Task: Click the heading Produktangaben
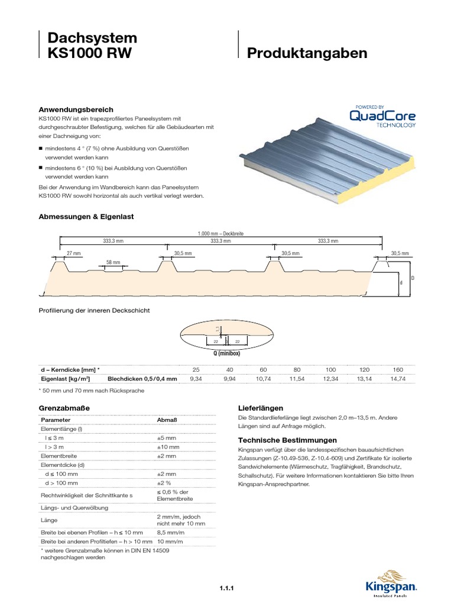(x=307, y=54)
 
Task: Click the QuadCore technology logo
(x=382, y=117)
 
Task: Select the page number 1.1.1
(x=227, y=587)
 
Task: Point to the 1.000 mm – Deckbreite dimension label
(x=221, y=234)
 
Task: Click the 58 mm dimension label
(x=113, y=262)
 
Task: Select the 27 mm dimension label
(x=73, y=253)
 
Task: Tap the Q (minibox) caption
(x=227, y=353)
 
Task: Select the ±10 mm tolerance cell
(x=168, y=447)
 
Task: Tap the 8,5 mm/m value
(x=169, y=533)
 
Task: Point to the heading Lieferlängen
(x=260, y=408)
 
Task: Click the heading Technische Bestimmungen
(x=287, y=440)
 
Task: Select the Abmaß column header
(x=166, y=420)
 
